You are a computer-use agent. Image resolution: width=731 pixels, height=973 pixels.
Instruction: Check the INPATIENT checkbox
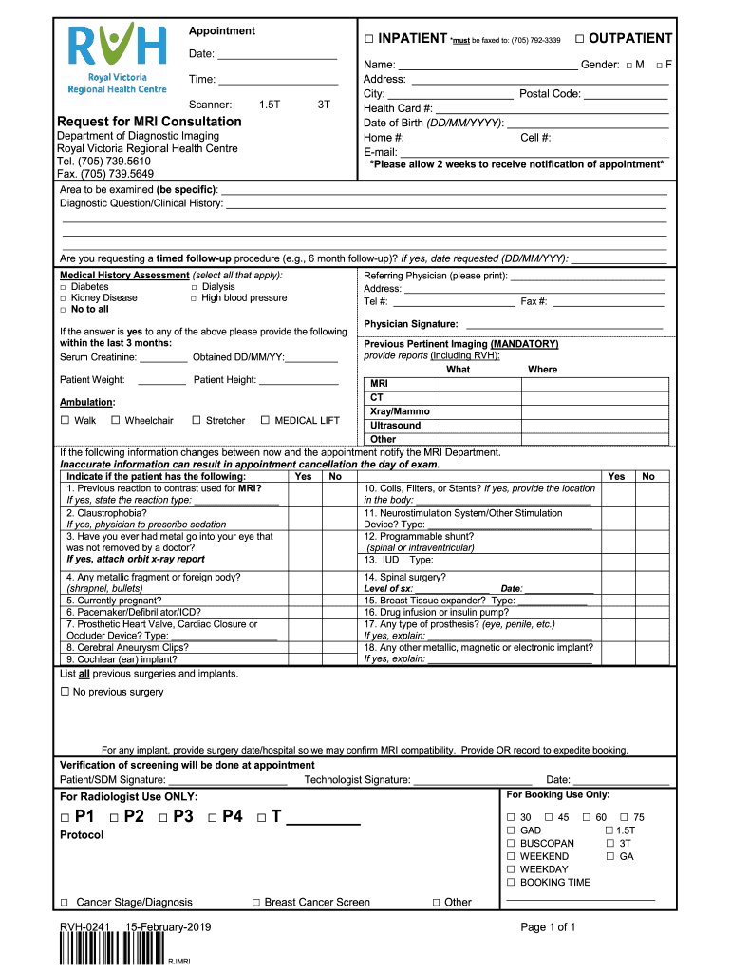(370, 39)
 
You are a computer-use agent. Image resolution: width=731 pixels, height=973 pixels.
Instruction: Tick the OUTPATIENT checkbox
(579, 38)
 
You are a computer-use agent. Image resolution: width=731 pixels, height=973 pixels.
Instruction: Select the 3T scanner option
(324, 105)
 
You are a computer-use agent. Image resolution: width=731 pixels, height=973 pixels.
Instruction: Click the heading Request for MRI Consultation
(149, 122)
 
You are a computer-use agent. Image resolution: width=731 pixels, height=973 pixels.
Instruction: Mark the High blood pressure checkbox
(194, 298)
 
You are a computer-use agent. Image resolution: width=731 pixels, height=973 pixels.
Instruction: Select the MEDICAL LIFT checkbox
(266, 420)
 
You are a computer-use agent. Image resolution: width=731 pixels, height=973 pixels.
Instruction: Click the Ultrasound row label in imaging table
(395, 426)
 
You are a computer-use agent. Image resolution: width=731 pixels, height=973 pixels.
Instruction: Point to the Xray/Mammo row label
(399, 411)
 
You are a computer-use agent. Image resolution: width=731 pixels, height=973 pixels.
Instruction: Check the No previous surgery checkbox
(66, 692)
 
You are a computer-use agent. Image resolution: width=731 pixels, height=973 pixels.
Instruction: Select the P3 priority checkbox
(164, 818)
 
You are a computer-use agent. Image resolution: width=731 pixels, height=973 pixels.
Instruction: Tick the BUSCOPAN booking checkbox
(511, 843)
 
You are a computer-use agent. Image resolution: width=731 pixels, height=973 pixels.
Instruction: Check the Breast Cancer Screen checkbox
(256, 903)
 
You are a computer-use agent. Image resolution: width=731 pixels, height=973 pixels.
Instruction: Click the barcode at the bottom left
(110, 950)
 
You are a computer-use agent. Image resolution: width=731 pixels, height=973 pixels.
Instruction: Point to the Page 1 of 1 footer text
(549, 927)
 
